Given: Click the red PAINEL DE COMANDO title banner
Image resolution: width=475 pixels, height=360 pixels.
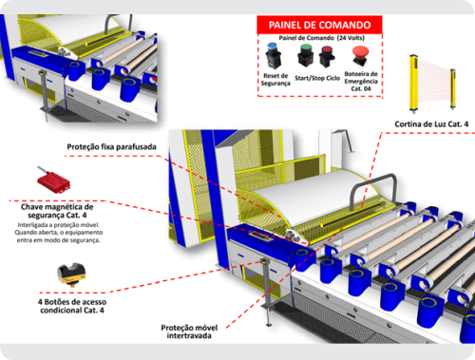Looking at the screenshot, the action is [319, 25].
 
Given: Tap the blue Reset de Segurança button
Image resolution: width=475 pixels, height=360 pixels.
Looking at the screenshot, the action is [273, 56].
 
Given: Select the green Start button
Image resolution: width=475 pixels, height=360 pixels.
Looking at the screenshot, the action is [306, 55].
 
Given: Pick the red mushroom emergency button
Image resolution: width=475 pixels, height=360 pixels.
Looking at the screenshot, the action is [360, 56].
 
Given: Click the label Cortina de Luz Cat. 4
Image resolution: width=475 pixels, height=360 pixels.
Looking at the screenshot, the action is [431, 124].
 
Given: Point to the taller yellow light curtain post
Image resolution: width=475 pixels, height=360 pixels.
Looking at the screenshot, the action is [413, 84].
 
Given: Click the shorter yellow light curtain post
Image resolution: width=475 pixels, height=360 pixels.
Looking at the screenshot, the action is [453, 88].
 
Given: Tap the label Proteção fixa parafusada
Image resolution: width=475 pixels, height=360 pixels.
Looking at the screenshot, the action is [111, 147].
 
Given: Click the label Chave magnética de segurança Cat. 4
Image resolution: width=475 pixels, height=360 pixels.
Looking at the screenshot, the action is [57, 211].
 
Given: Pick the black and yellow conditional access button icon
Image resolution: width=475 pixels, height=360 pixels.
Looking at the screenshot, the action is [71, 275].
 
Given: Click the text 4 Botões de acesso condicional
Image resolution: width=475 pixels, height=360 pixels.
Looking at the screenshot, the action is [72, 306].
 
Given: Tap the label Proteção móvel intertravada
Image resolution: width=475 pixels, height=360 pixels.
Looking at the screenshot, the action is [189, 332].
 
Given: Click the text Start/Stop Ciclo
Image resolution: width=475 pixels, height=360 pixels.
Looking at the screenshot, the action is [317, 78].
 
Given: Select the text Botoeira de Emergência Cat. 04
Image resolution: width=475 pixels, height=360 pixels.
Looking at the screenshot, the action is [361, 82].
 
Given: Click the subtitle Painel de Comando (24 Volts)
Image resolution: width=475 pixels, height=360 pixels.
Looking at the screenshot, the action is [321, 38].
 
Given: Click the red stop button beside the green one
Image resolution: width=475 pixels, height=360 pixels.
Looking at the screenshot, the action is [327, 57].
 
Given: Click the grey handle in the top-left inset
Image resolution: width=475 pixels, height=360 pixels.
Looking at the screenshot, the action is [111, 22].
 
